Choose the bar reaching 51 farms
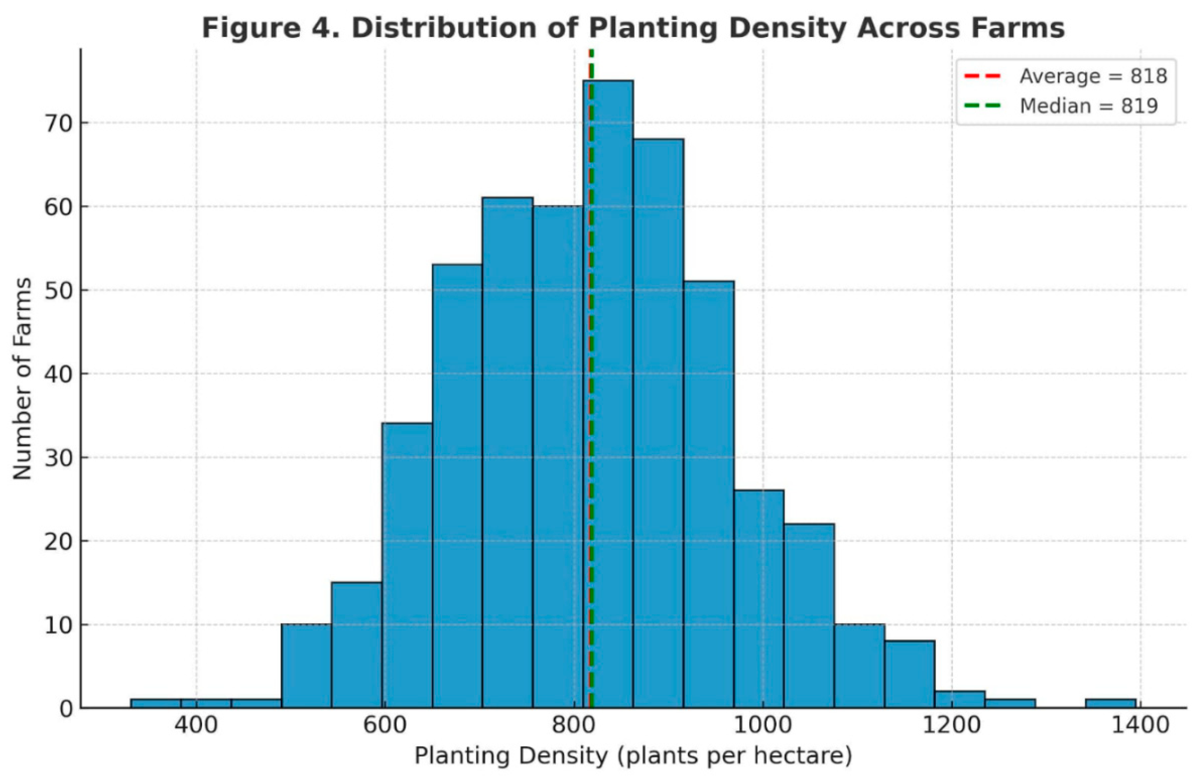coord(708,494)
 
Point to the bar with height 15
coord(357,645)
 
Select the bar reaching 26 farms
coord(759,600)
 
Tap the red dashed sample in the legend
coord(981,76)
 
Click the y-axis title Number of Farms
coord(22,378)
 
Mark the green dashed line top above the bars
coord(591,63)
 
